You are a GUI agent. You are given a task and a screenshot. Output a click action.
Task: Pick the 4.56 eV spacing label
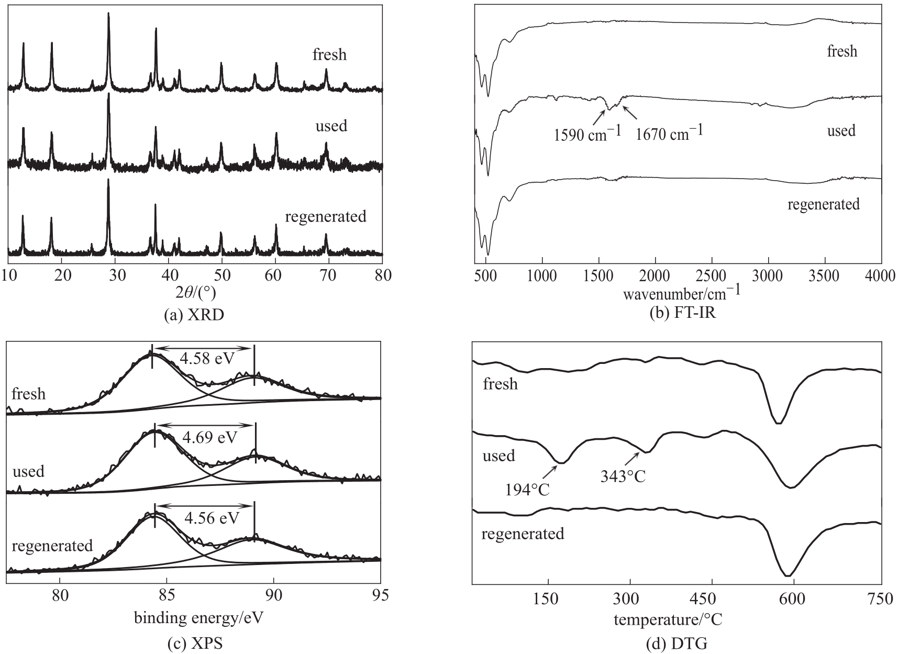coord(212,518)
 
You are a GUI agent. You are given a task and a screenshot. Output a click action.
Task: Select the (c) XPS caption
coord(195,644)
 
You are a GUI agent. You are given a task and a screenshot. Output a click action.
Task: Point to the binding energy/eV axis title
coord(199,618)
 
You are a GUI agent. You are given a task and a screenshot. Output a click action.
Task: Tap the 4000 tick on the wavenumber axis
coord(881,276)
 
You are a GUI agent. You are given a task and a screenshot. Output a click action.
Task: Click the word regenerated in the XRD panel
coord(325,216)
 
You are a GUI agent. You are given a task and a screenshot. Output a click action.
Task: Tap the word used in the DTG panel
coord(499,456)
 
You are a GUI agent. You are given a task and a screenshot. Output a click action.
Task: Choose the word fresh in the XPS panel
coord(28,394)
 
